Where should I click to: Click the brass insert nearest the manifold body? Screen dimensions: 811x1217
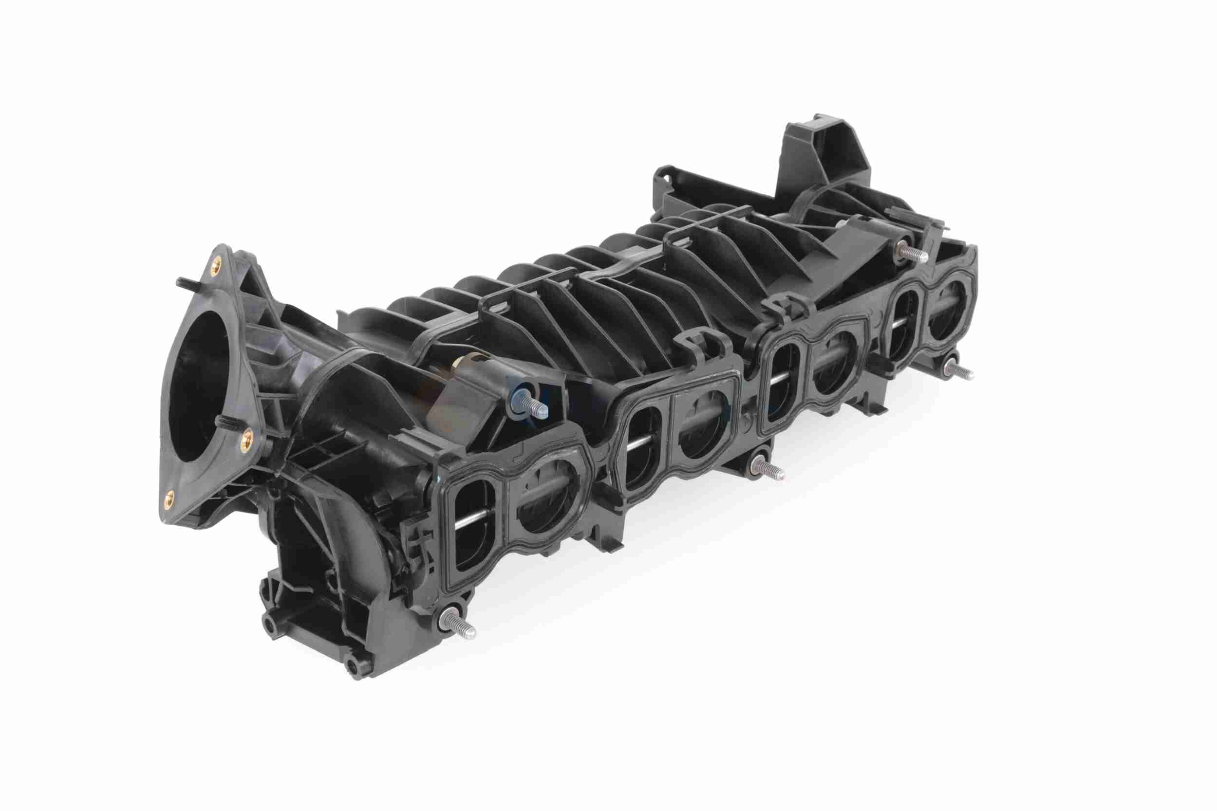click(248, 440)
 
